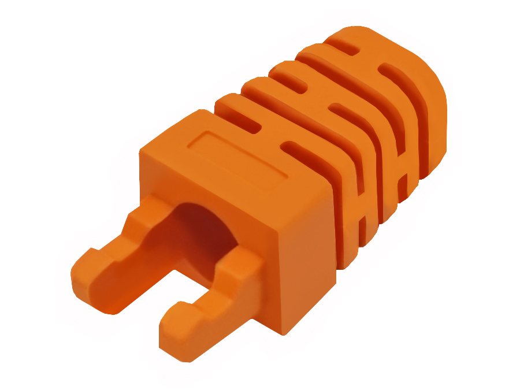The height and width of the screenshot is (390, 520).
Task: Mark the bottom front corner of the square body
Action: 283,332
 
